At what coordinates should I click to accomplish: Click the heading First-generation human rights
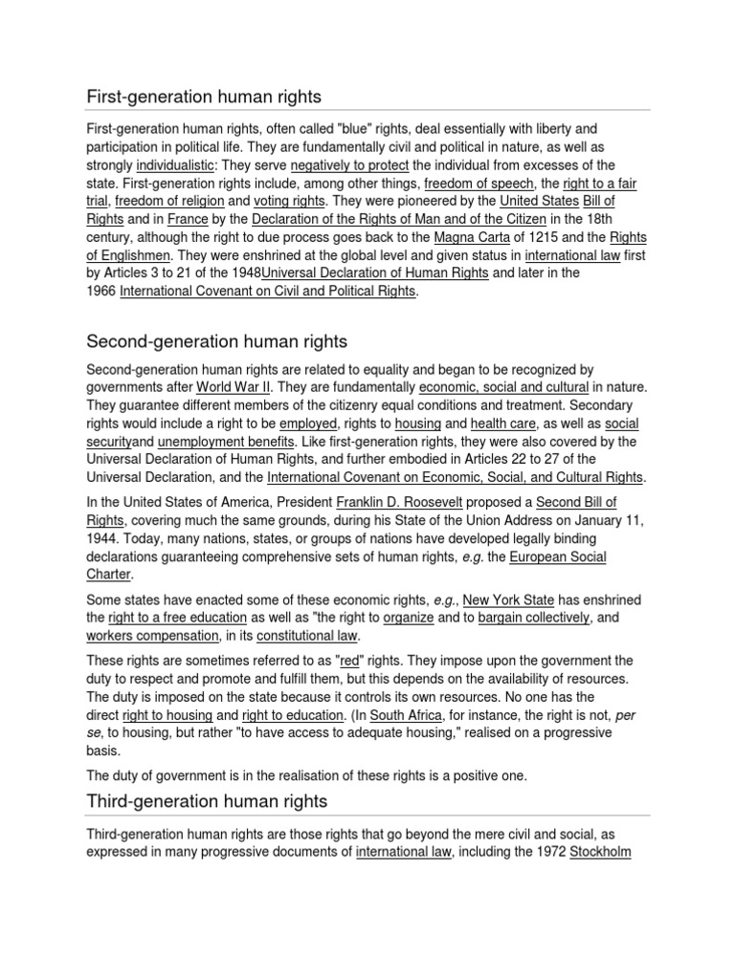coord(204,97)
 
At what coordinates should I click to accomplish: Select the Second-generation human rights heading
coord(217,341)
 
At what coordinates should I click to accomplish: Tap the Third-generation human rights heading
coord(207,800)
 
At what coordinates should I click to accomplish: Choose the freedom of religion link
coord(170,201)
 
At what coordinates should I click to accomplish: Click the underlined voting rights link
coord(290,201)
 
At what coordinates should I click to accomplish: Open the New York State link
coord(505,599)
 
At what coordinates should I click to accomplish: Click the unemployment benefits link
coord(226,441)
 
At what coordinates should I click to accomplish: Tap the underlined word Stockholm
coord(600,852)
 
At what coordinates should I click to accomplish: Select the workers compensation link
coord(141,636)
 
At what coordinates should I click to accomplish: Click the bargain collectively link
coord(534,618)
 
